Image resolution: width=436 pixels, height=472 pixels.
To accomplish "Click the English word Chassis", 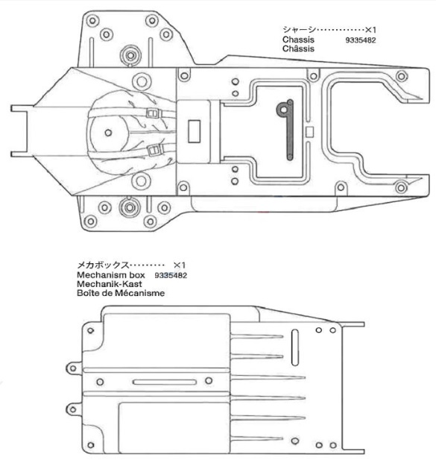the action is [298, 40].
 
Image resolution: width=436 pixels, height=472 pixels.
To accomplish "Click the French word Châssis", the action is [298, 48].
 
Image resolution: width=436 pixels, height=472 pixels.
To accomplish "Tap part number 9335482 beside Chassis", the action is [361, 40].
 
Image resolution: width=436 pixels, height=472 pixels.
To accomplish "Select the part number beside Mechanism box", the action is [171, 275].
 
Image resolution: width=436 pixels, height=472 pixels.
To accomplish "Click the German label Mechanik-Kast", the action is [110, 284].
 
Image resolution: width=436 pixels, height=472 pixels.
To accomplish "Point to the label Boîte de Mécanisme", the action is [121, 293].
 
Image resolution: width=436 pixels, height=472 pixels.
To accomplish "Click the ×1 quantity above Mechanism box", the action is [180, 265].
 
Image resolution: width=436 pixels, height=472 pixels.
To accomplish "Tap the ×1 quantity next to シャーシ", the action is [370, 30].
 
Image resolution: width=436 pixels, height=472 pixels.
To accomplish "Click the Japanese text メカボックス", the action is [103, 265].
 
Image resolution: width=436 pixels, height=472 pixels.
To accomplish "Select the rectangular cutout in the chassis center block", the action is [195, 131].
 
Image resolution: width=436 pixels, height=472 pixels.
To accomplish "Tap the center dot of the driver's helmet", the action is [108, 133].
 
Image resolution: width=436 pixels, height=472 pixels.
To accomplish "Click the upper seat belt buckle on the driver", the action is [153, 113].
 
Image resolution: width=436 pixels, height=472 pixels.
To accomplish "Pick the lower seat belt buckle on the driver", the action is [154, 150].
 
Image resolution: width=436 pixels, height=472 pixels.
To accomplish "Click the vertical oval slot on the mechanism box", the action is [295, 347].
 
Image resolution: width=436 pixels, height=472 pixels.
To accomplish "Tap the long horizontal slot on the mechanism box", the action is [164, 382].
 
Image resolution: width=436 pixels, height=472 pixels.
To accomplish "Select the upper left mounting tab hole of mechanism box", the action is [72, 368].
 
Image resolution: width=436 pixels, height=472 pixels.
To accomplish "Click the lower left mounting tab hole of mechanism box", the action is [72, 409].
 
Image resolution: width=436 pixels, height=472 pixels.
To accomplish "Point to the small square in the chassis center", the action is [309, 131].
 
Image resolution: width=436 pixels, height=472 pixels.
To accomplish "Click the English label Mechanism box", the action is [111, 275].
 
